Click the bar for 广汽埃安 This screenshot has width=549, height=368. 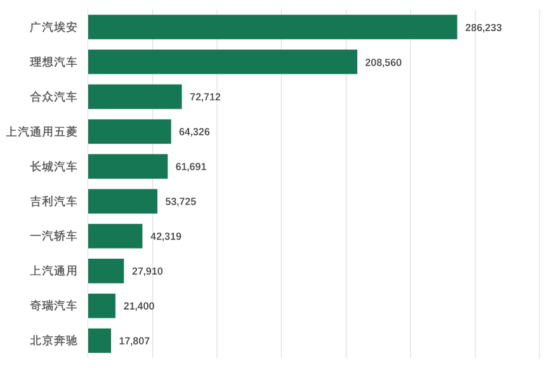273,27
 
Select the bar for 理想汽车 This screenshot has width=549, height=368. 223,62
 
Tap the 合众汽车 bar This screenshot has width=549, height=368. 135,97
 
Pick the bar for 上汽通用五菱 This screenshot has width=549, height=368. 129,132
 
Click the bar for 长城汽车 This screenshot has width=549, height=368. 128,167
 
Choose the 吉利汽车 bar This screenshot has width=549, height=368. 122,201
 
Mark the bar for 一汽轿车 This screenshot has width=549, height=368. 116,236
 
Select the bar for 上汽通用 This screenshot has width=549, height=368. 106,271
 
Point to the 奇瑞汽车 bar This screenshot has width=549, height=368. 102,306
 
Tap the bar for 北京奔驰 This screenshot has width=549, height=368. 100,341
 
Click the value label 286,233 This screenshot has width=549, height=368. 484,27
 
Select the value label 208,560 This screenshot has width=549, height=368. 383,62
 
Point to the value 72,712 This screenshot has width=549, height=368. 205,97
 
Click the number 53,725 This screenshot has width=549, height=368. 181,201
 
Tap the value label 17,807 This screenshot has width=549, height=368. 134,341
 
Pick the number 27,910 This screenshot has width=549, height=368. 147,271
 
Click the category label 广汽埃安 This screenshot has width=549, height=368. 54,27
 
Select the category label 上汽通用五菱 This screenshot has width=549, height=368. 41,132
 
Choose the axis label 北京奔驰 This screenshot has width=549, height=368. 54,341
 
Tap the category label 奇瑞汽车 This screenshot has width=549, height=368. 54,306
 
